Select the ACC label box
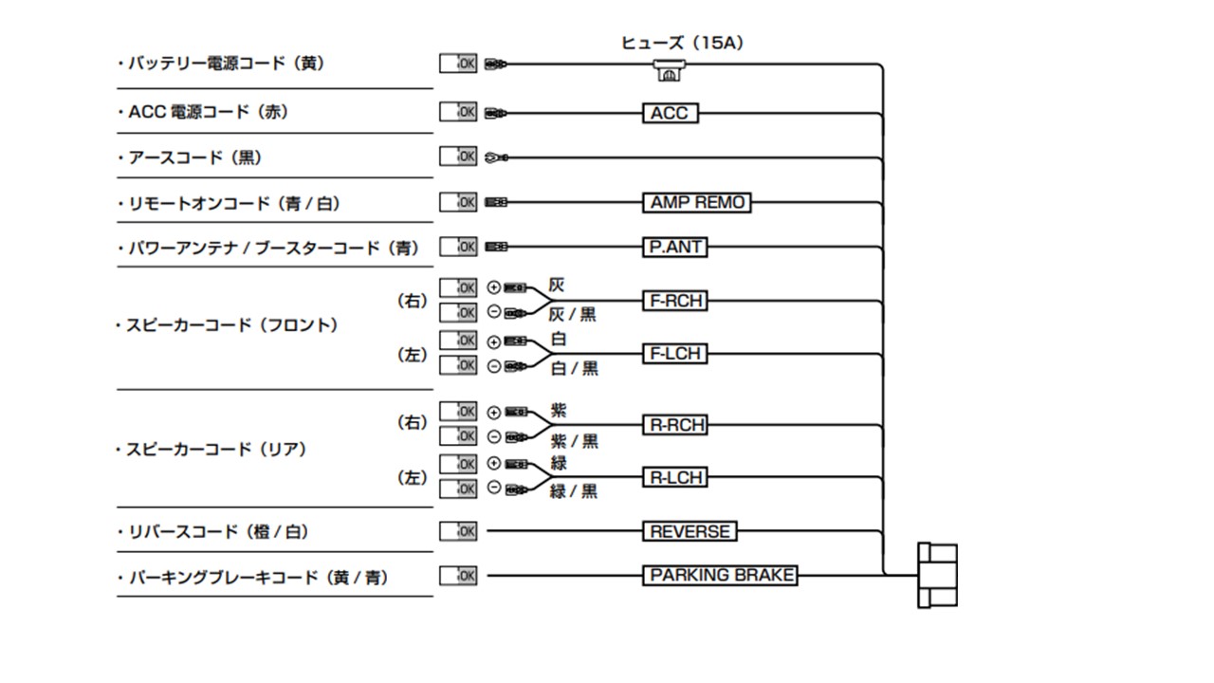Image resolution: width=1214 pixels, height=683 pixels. pyautogui.click(x=670, y=114)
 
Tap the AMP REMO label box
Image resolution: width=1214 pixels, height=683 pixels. pyautogui.click(x=697, y=203)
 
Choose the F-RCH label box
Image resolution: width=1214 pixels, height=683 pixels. pyautogui.click(x=674, y=302)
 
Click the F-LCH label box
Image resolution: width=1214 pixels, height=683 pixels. pyautogui.click(x=674, y=354)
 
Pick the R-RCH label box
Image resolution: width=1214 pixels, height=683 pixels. pyautogui.click(x=675, y=425)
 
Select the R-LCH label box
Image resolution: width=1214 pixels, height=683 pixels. pyautogui.click(x=675, y=478)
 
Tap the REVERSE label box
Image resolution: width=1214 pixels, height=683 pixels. pyautogui.click(x=690, y=532)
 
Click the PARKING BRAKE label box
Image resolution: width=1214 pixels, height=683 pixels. pyautogui.click(x=721, y=576)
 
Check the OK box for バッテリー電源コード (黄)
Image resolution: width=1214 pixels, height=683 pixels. pyautogui.click(x=458, y=65)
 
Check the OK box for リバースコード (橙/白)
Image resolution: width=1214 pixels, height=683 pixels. pyautogui.click(x=458, y=531)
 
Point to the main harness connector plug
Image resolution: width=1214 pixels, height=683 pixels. pyautogui.click(x=937, y=575)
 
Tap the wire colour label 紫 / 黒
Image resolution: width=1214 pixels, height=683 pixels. pyautogui.click(x=574, y=441)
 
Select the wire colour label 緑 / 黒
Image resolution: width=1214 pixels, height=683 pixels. pyautogui.click(x=574, y=491)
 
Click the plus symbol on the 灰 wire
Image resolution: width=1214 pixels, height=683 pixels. pyautogui.click(x=493, y=287)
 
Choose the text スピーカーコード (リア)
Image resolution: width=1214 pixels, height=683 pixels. pyautogui.click(x=216, y=450)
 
